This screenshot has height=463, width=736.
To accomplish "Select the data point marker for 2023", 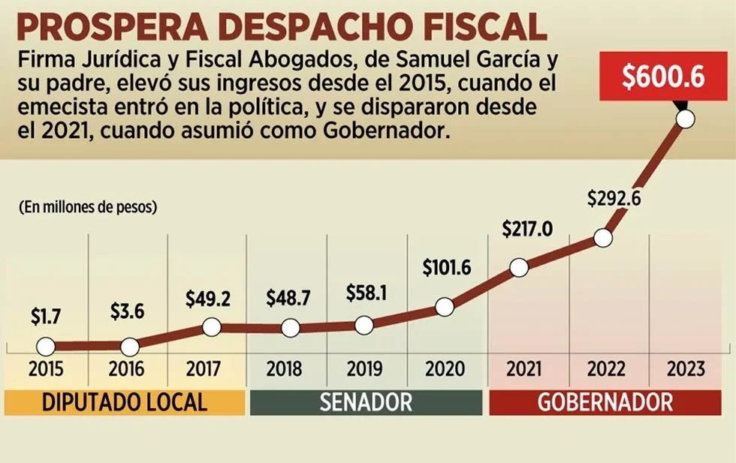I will pyautogui.click(x=685, y=119).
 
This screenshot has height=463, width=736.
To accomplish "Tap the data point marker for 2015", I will pyautogui.click(x=46, y=347).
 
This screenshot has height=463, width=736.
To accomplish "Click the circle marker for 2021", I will pyautogui.click(x=518, y=267).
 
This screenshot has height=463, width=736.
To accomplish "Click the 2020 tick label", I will pyautogui.click(x=445, y=369).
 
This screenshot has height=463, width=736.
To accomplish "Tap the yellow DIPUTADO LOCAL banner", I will pyautogui.click(x=124, y=402).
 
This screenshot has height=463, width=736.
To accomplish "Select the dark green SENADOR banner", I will pyautogui.click(x=366, y=402).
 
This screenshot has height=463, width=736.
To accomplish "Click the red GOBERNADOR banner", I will pyautogui.click(x=605, y=402).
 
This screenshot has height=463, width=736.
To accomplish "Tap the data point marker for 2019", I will pyautogui.click(x=363, y=326).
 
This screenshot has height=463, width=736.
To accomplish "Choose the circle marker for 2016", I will pyautogui.click(x=130, y=347).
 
